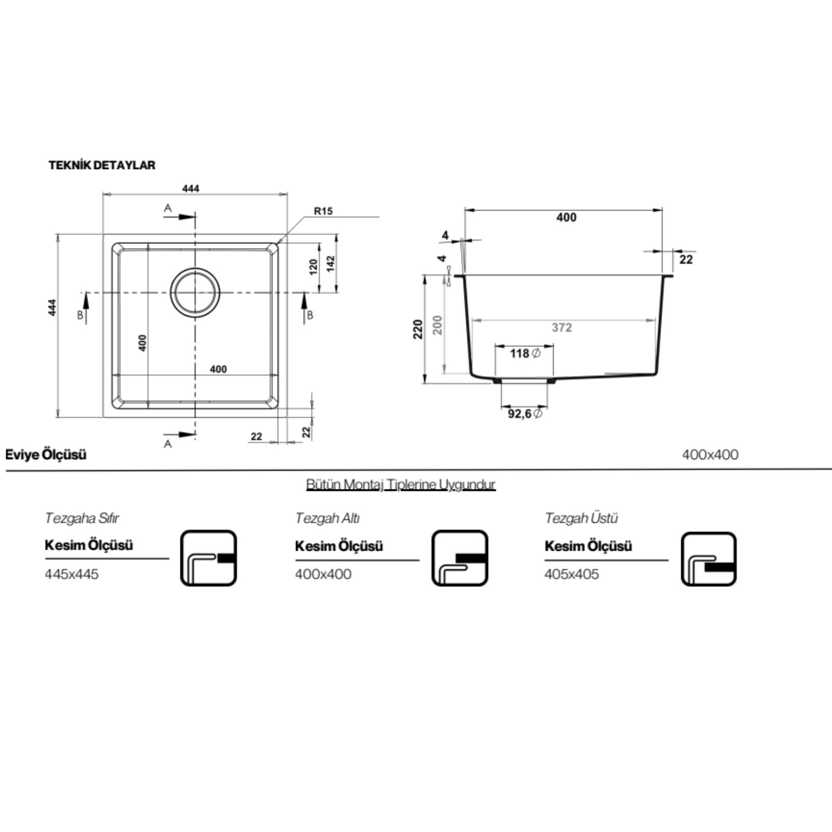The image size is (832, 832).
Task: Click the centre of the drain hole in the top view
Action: tap(196, 293)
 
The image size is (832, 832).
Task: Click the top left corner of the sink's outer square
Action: tap(103, 234)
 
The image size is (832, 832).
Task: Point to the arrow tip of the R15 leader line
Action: tap(278, 243)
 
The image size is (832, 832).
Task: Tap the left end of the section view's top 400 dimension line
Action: tap(464, 211)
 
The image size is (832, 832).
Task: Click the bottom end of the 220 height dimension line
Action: tap(425, 384)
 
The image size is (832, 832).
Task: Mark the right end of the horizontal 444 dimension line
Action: tap(288, 194)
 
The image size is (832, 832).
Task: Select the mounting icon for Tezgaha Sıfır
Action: tap(209, 558)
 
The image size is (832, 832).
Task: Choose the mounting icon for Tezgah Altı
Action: tap(460, 558)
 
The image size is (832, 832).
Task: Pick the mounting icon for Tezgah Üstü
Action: tap(709, 559)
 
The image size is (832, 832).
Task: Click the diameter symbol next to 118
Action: tap(537, 353)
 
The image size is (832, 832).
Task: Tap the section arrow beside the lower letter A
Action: tap(179, 434)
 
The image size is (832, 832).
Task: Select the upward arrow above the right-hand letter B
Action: tap(305, 308)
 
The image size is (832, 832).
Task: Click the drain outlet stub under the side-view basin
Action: tap(524, 382)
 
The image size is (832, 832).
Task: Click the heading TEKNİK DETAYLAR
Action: tap(102, 165)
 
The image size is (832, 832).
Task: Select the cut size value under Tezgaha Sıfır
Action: tap(72, 575)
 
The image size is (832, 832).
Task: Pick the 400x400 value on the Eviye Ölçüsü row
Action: tap(710, 455)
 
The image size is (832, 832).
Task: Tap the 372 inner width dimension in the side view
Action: tap(562, 328)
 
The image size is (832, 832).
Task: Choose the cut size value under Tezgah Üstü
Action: tap(571, 575)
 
